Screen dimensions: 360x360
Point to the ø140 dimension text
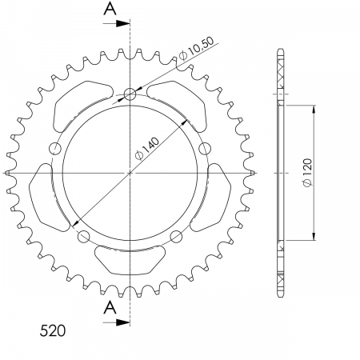[x=148, y=146]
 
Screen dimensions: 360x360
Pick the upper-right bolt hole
[x=204, y=148]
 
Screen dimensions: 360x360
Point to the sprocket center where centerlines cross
[x=130, y=173]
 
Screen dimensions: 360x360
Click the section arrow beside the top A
[x=120, y=23]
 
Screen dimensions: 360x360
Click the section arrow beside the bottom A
[x=120, y=322]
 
